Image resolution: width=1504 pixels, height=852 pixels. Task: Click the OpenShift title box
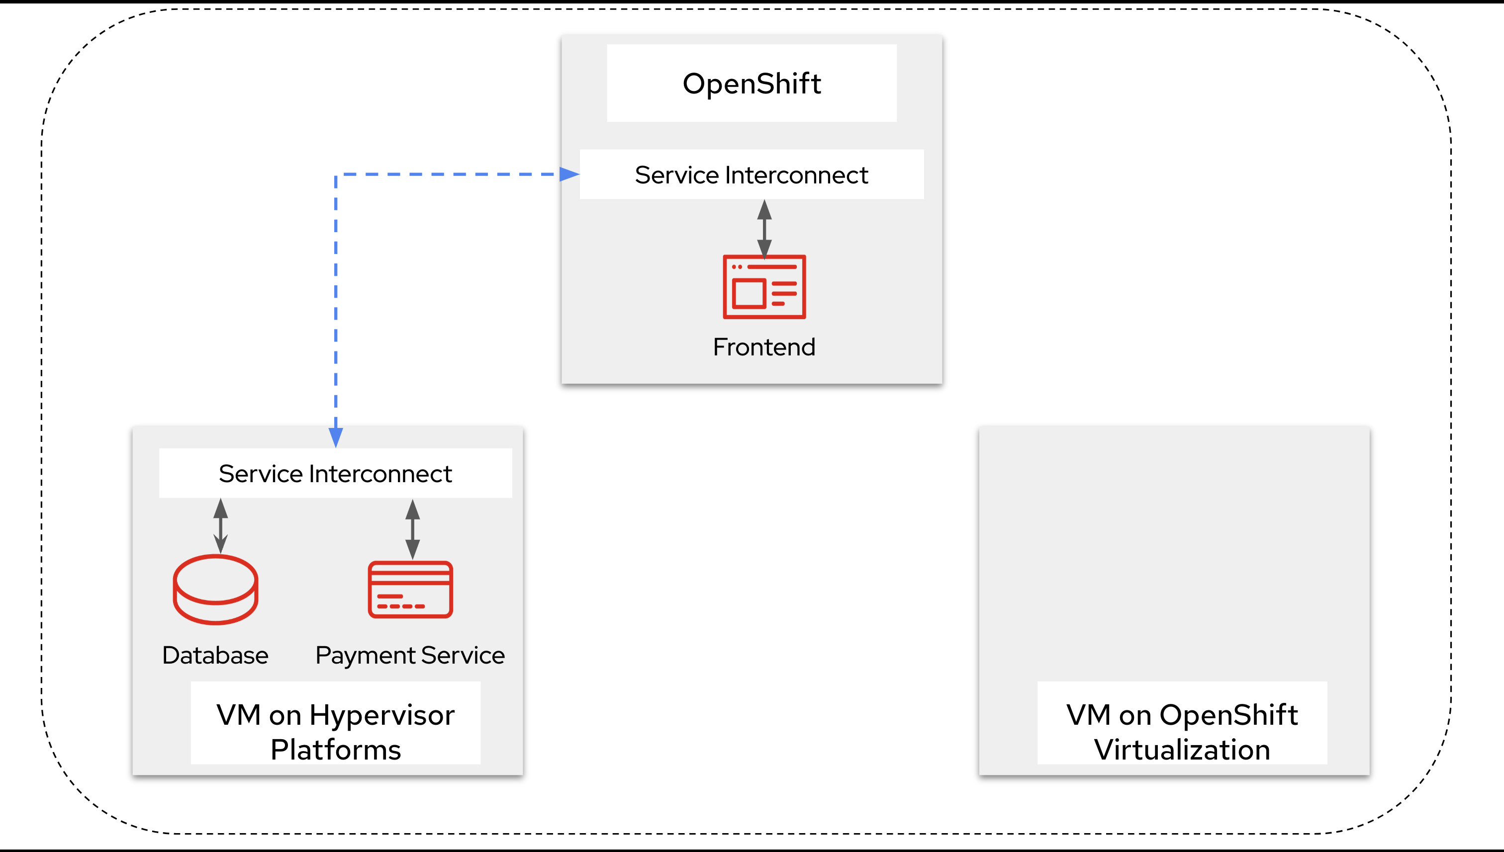pos(751,83)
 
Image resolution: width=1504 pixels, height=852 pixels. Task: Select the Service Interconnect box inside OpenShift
pos(751,174)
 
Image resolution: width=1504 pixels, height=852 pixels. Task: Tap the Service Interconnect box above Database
pos(335,473)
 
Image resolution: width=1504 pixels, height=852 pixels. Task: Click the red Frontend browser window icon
pos(764,287)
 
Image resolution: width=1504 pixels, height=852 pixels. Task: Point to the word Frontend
pos(763,347)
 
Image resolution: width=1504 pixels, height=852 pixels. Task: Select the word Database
pos(215,655)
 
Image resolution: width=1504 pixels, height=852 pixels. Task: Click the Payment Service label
pos(410,655)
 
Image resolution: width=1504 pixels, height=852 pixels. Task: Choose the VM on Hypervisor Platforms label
pos(335,731)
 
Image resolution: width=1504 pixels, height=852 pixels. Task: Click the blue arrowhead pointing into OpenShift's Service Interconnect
pos(568,174)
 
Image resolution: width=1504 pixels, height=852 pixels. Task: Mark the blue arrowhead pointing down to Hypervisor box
pos(335,436)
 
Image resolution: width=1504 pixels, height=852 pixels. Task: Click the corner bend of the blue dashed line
pos(336,175)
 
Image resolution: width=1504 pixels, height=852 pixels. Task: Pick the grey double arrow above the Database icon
pos(220,525)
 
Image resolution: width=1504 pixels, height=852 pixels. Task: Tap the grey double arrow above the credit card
pos(412,529)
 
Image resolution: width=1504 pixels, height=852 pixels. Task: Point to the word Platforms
pos(335,750)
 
